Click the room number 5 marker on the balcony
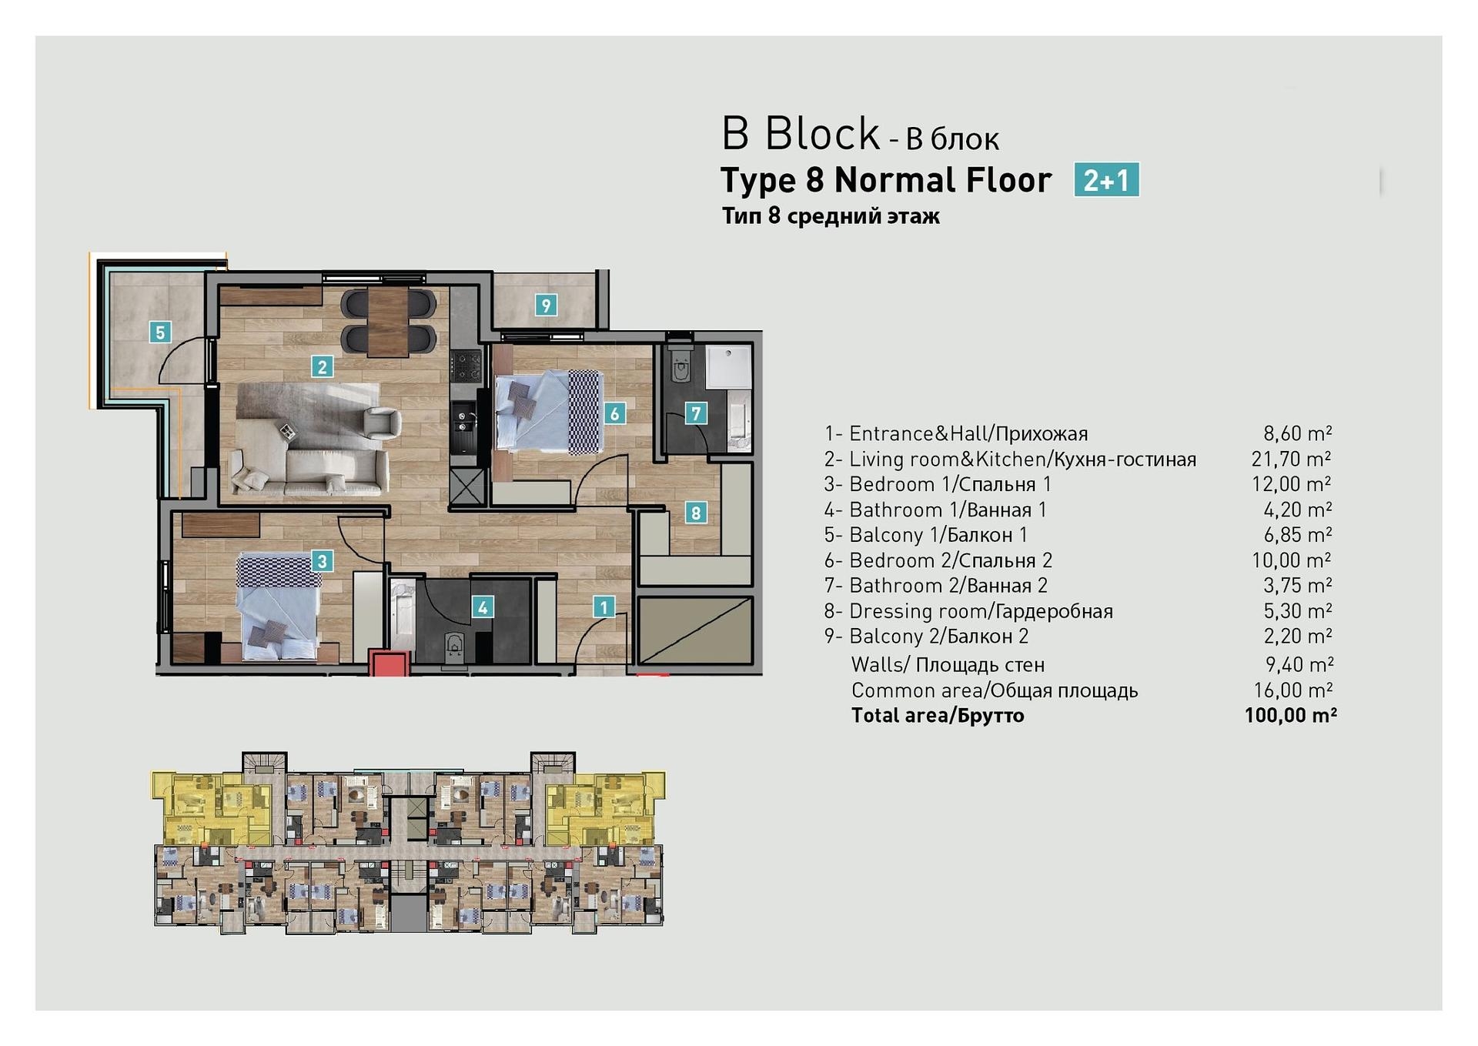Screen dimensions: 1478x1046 click(160, 333)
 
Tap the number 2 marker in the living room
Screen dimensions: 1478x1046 click(323, 366)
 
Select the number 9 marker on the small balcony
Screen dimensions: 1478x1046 click(546, 306)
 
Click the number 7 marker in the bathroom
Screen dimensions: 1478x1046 click(696, 413)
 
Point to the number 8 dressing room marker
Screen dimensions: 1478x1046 click(696, 513)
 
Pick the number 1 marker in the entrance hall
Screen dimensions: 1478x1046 click(604, 607)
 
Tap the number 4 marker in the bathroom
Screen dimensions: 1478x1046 click(483, 607)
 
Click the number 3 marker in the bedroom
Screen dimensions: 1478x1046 click(323, 561)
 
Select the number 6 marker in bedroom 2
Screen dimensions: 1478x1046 click(614, 413)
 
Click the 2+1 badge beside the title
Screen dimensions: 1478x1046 click(1106, 180)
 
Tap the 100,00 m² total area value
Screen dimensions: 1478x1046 click(1290, 716)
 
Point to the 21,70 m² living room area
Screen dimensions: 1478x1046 click(1291, 460)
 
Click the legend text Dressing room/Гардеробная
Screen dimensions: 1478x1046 click(981, 611)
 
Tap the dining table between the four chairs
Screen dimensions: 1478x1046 click(387, 322)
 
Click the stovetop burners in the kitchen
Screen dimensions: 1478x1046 click(466, 366)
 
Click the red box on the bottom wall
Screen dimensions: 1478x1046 click(389, 663)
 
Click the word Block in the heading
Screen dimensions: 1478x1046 click(822, 134)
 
